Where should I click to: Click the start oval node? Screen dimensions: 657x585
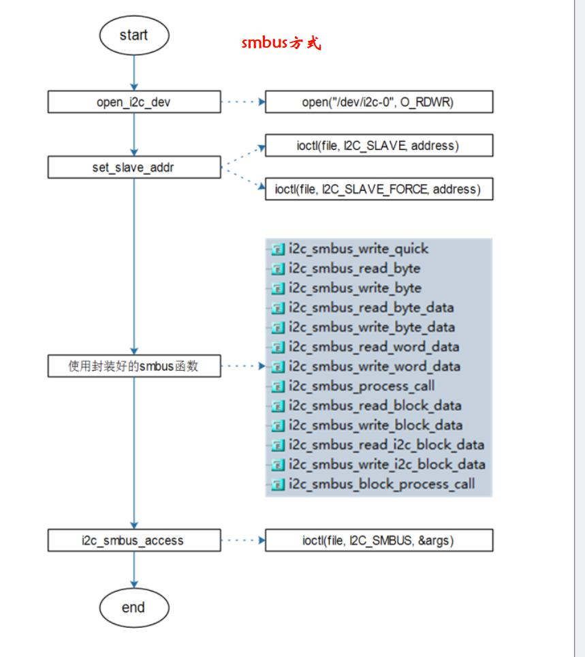133,35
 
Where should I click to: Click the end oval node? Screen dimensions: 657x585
133,607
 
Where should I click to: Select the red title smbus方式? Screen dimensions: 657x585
281,44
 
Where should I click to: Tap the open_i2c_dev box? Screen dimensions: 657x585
133,102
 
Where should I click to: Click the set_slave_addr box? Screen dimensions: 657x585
133,166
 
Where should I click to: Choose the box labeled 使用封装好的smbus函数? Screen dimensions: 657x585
133,366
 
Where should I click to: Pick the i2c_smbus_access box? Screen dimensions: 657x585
133,540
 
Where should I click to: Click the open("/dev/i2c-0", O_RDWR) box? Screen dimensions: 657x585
378,102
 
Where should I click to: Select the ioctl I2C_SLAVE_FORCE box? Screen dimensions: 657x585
378,189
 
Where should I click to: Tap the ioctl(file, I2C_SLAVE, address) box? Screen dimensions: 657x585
378,146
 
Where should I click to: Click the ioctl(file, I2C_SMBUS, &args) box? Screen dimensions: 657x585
378,540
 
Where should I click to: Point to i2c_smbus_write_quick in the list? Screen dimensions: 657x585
358,249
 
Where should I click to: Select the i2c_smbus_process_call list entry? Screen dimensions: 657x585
361,386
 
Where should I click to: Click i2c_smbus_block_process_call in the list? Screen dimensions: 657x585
381,485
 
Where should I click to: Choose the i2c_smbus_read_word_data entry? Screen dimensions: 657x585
373,347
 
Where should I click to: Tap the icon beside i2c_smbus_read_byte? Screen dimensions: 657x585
277,269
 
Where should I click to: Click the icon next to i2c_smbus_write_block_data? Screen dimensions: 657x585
277,426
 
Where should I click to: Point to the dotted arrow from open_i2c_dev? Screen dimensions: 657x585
242,102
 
